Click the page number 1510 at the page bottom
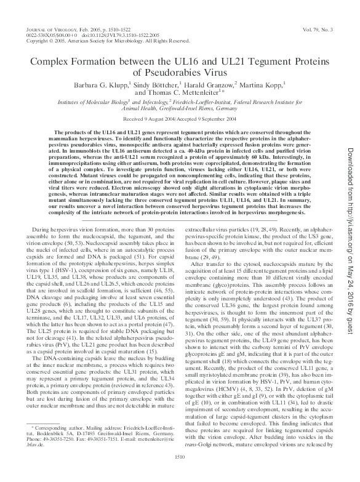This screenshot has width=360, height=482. click(180, 473)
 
